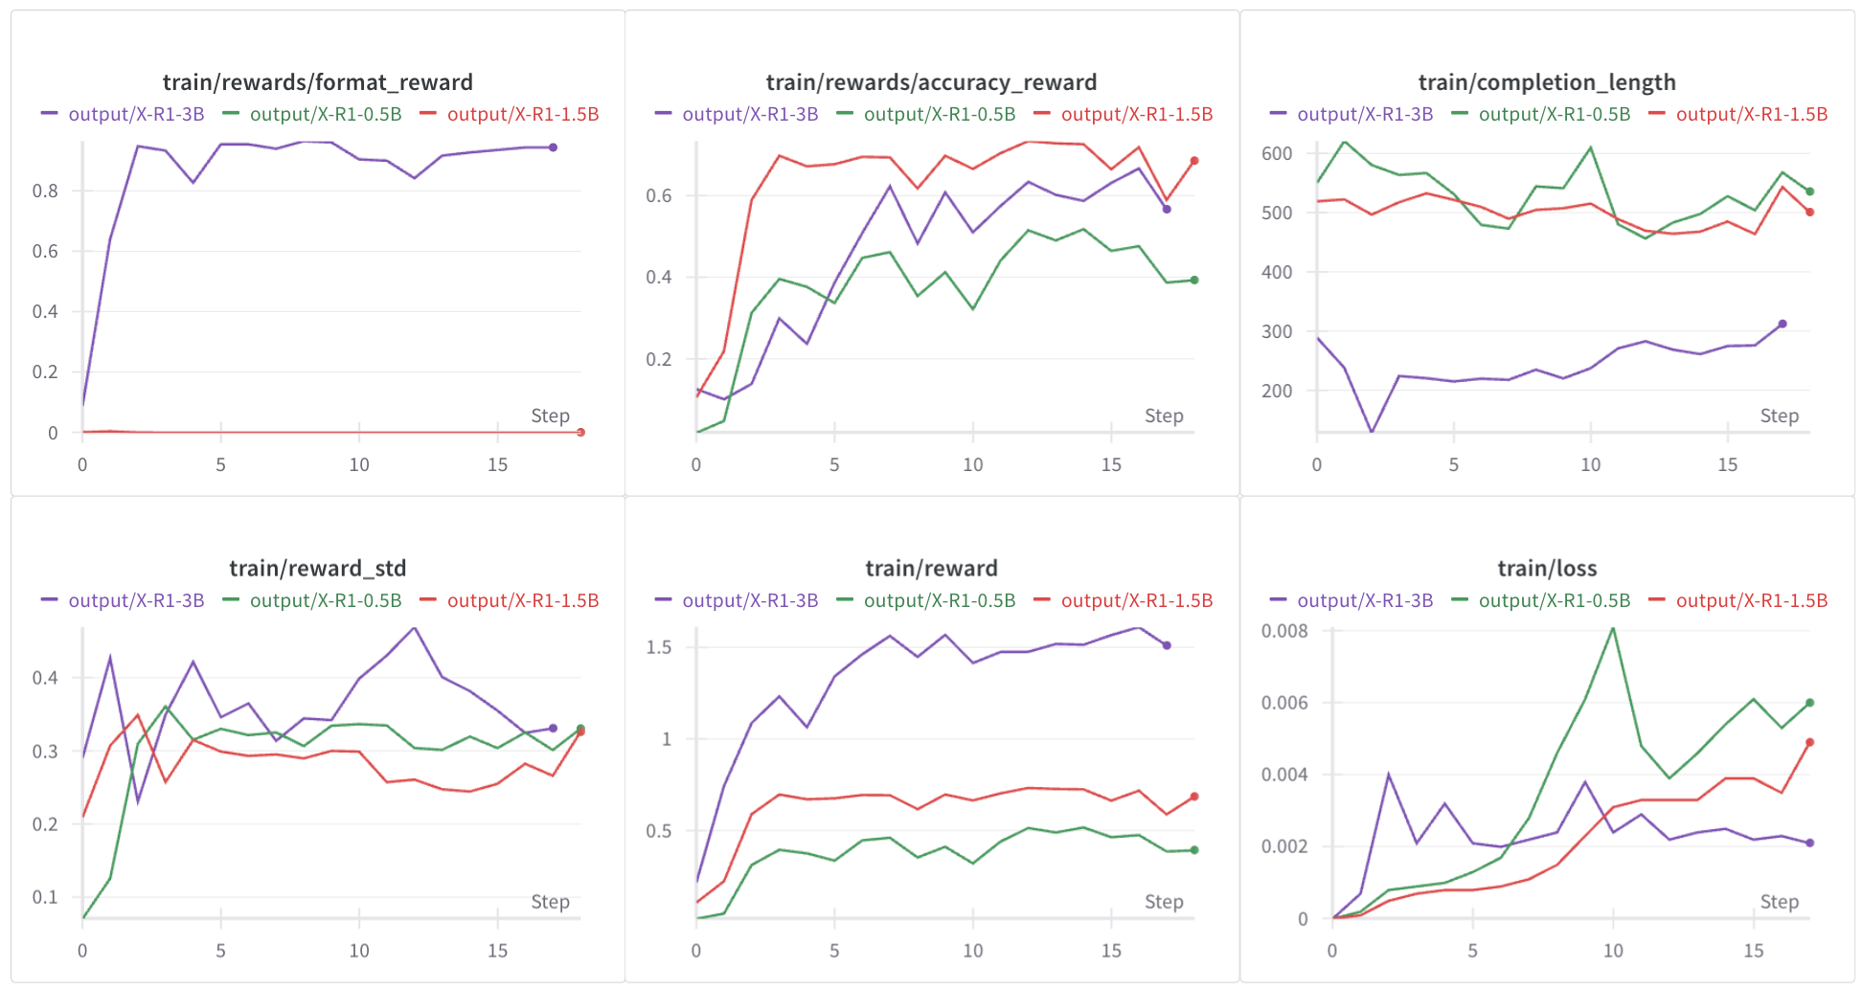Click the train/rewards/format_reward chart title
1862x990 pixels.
[317, 82]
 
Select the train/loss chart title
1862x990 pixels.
[1547, 569]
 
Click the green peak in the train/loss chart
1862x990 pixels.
[1613, 628]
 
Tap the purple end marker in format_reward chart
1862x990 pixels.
[553, 147]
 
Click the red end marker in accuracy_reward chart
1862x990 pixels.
[1194, 161]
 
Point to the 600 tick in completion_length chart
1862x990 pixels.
[1277, 153]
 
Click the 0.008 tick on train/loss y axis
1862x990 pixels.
[1283, 631]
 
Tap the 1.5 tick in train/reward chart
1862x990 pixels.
[659, 647]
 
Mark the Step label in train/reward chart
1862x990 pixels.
[1164, 902]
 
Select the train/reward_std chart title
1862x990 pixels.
[317, 569]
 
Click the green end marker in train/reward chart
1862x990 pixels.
[1194, 850]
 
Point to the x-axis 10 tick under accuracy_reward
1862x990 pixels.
[972, 465]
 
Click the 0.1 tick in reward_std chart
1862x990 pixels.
[45, 897]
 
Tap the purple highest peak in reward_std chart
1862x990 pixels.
[414, 628]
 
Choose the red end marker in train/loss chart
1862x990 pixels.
[1809, 742]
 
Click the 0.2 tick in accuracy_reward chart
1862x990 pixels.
[659, 359]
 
